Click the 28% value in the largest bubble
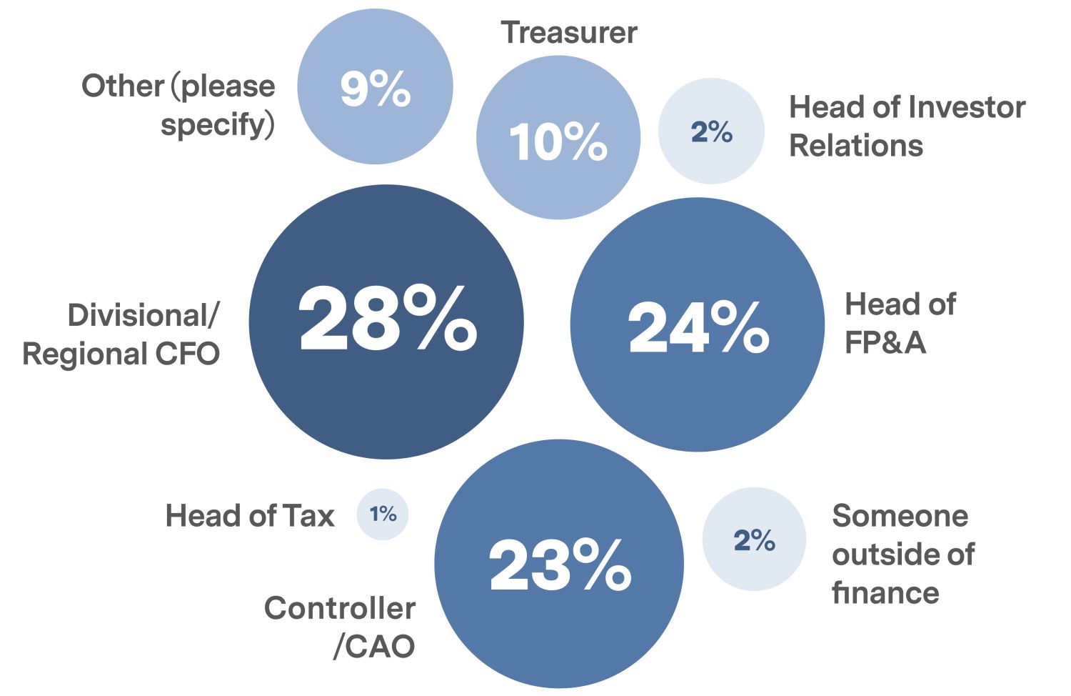[387, 319]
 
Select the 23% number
[560, 565]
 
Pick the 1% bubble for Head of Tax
[383, 514]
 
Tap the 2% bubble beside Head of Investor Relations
[712, 132]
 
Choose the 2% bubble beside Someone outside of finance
[755, 540]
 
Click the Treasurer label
[569, 33]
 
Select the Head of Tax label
[250, 515]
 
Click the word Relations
[856, 146]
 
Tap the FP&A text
[885, 343]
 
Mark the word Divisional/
[144, 315]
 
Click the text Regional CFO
[121, 354]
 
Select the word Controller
[340, 609]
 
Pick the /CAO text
[374, 647]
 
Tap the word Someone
[900, 516]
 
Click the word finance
[885, 593]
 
